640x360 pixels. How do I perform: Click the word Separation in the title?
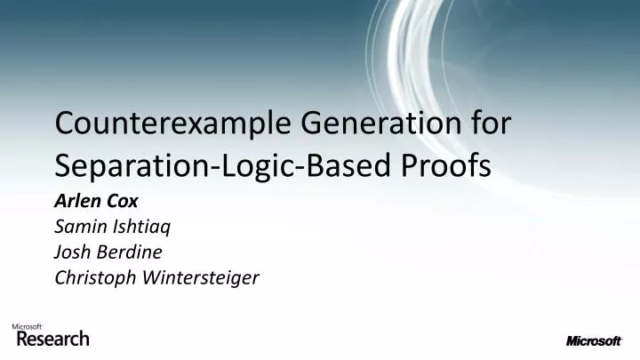click(x=130, y=166)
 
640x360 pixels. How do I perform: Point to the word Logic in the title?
click(x=249, y=167)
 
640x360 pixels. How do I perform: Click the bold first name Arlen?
click(x=78, y=202)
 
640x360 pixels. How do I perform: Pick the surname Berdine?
click(x=132, y=253)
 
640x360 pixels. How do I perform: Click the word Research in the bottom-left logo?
click(x=52, y=339)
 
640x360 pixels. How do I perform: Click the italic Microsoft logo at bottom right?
click(x=594, y=340)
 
